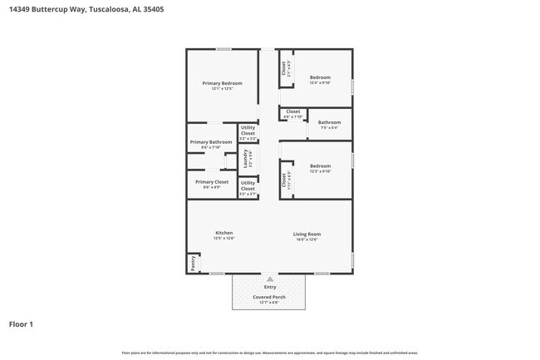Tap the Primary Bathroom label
[211, 142]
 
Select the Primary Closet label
[212, 181]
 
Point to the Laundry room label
[245, 155]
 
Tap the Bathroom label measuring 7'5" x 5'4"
[329, 122]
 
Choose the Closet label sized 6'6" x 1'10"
[292, 111]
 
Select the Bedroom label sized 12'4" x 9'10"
[320, 77]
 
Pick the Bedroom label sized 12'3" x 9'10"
[320, 166]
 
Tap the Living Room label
[307, 234]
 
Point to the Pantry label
[193, 263]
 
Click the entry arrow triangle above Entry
[269, 279]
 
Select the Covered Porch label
[269, 297]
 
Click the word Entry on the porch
[269, 287]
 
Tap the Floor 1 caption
[21, 323]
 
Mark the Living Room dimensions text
[307, 239]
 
